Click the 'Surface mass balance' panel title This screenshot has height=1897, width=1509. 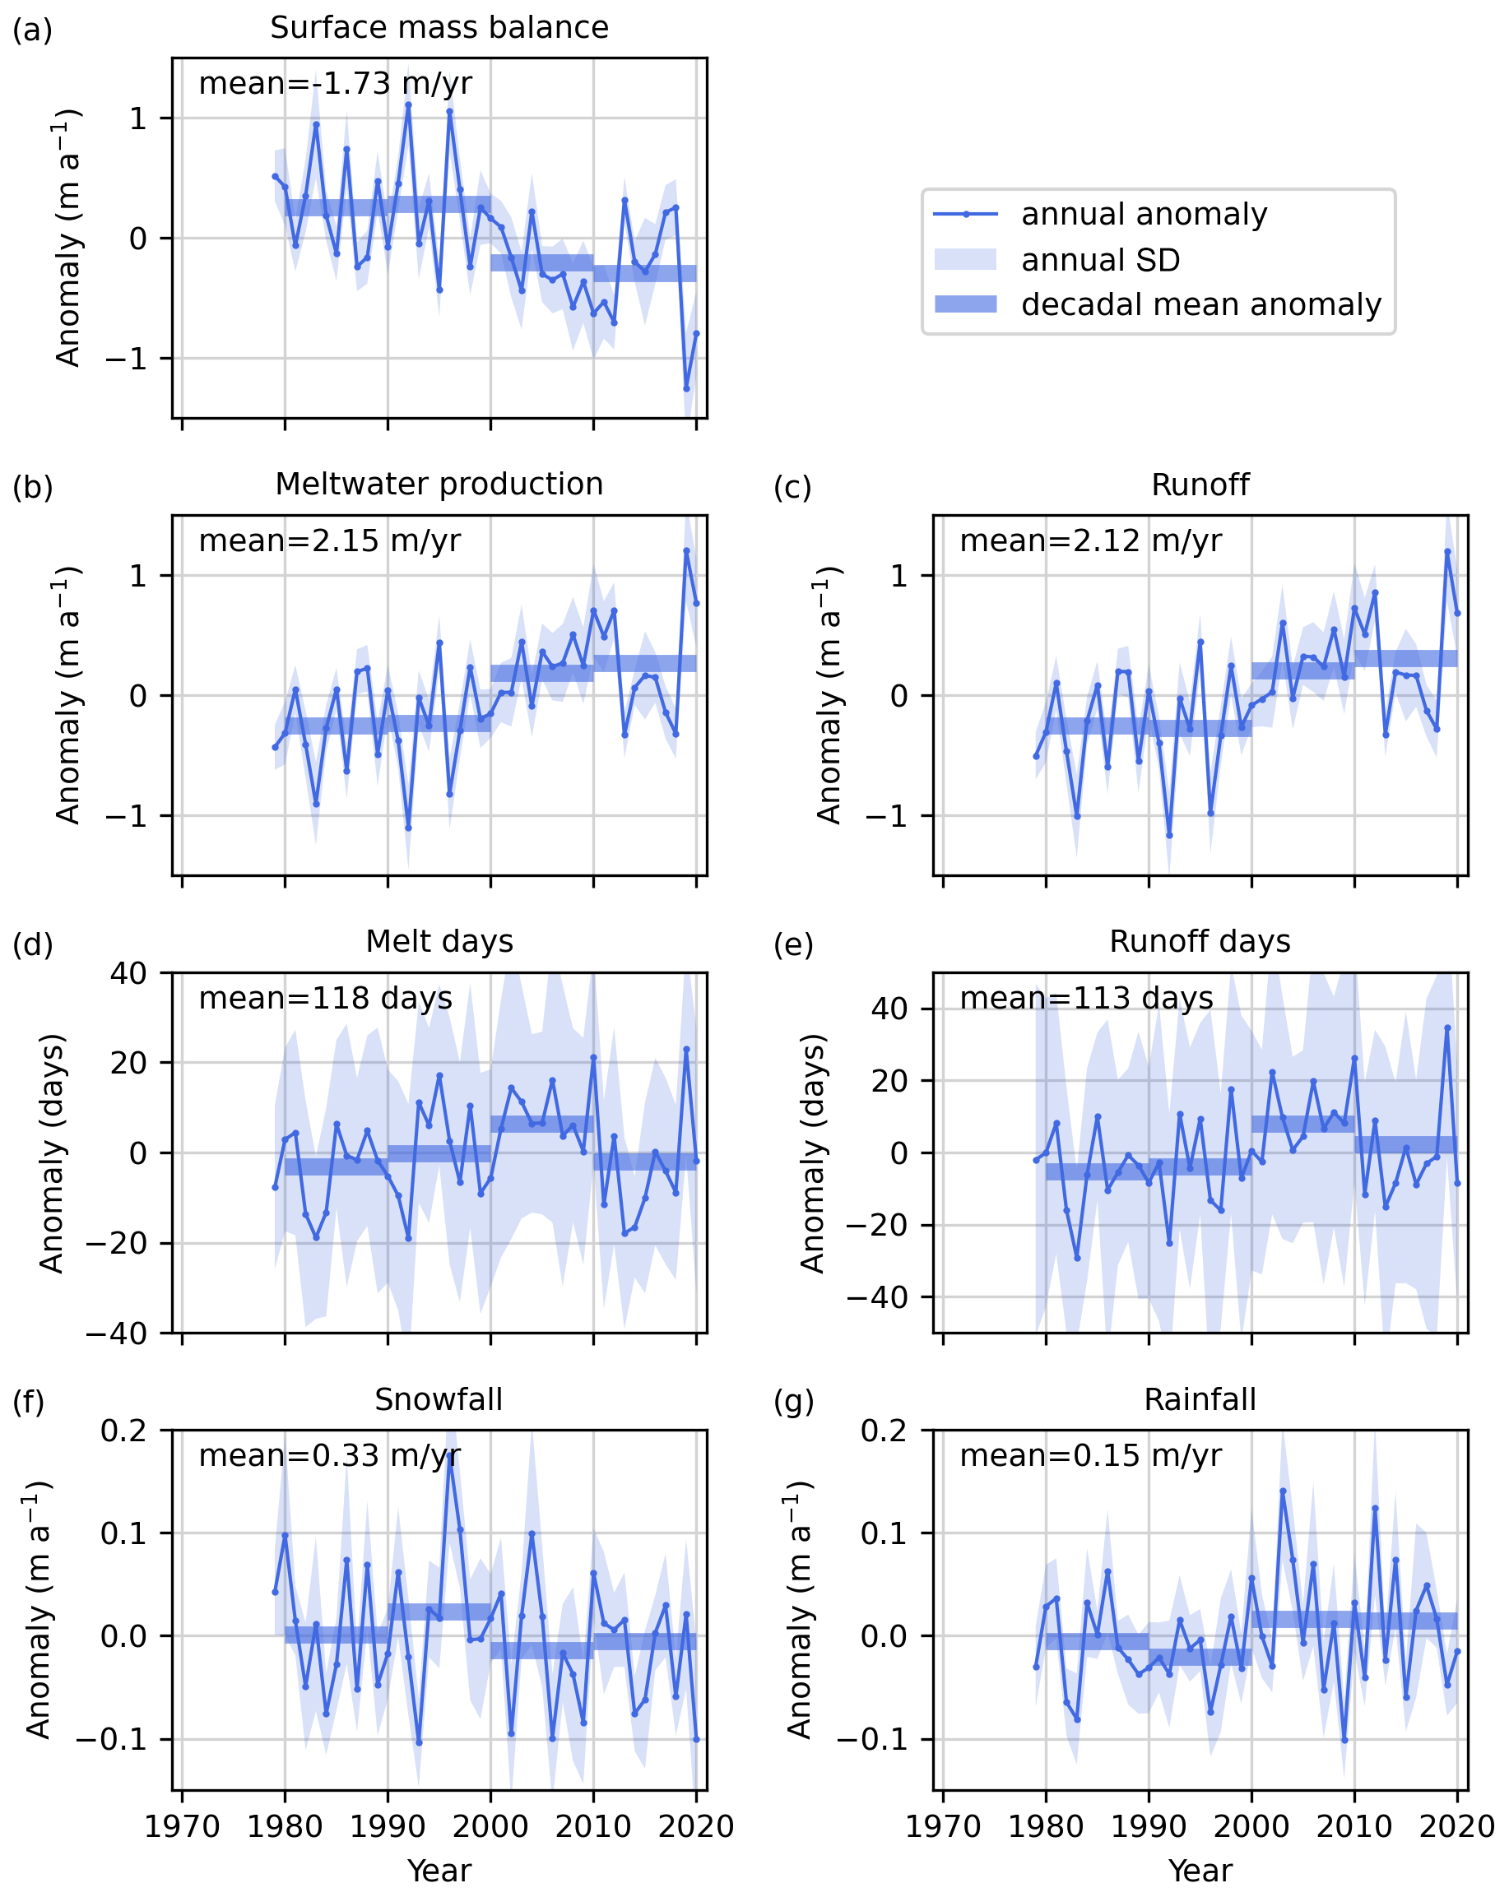pos(439,28)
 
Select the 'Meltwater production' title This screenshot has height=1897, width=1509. pos(439,485)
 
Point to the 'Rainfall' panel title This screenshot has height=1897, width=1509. pos(1200,1400)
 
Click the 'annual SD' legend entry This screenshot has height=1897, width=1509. pos(1100,260)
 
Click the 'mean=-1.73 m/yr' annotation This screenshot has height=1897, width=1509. pos(335,84)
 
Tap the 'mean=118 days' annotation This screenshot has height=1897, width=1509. pos(326,999)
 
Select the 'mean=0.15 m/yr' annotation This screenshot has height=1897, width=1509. pos(1090,1456)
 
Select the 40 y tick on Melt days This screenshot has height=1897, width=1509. pos(128,973)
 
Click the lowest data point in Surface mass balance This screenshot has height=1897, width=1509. pos(686,388)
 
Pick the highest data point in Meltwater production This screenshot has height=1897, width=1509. pos(686,551)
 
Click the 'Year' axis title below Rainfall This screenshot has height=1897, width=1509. pos(1200,1871)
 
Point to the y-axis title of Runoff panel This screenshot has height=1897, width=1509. pos(829,695)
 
